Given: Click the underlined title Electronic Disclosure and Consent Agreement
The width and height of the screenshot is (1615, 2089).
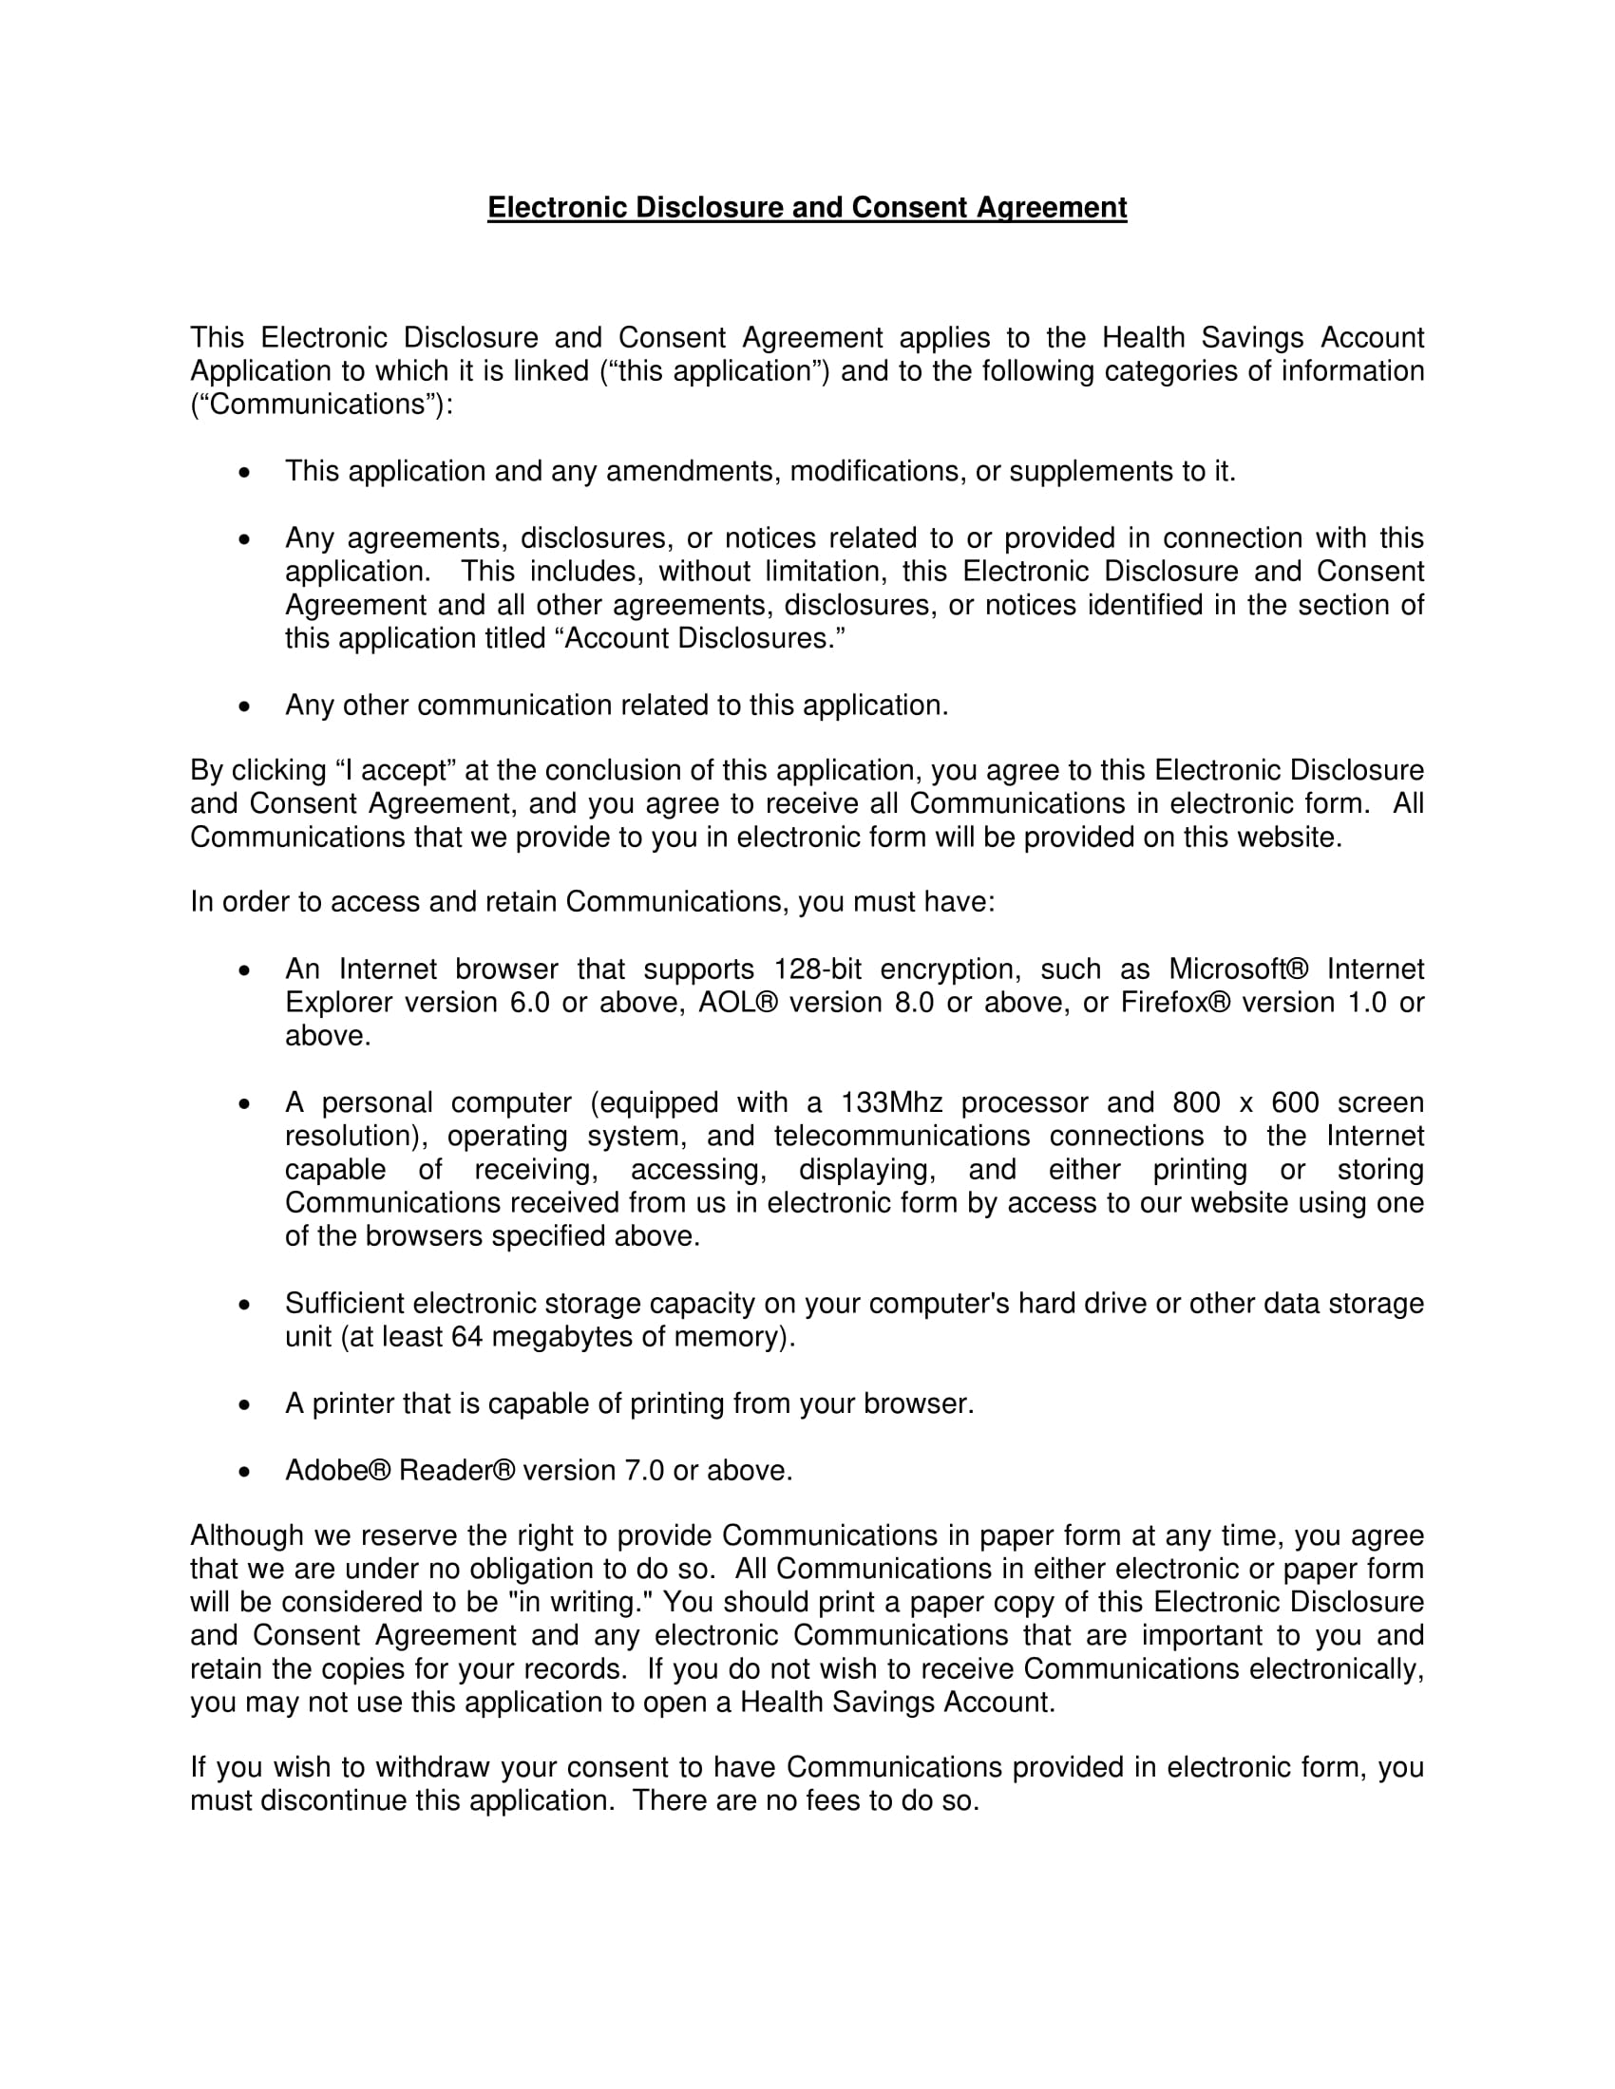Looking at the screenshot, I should (x=807, y=208).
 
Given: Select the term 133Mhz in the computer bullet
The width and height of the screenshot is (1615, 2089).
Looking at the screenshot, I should (x=892, y=1102).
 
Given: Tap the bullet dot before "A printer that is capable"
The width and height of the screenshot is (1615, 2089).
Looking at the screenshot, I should (x=245, y=1404).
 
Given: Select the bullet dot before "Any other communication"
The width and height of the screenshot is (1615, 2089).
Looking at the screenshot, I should (x=245, y=706).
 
